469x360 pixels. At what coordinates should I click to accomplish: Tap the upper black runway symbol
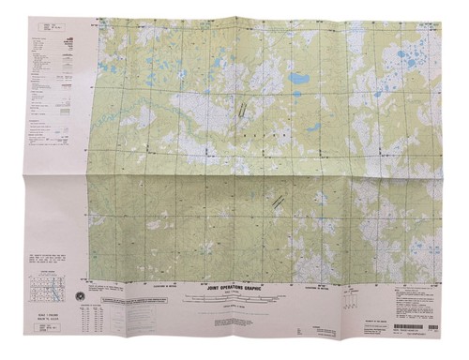pos(243,109)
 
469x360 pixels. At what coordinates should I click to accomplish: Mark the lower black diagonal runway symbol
pos(279,199)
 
